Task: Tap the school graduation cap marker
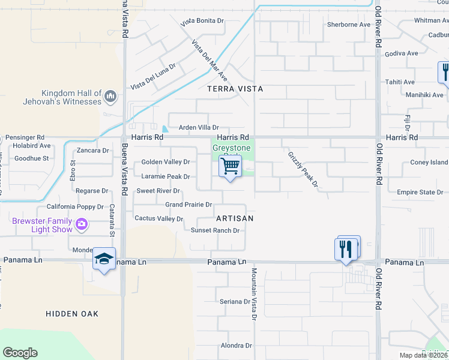(x=104, y=259)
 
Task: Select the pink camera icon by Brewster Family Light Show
(x=82, y=225)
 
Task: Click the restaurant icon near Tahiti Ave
(x=444, y=72)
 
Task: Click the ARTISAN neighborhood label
(x=235, y=218)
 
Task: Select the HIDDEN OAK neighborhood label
(x=72, y=314)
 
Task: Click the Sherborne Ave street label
(x=349, y=25)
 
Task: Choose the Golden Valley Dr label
(x=165, y=162)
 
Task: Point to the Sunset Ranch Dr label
(x=215, y=230)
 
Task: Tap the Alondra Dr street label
(x=236, y=346)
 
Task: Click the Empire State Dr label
(x=419, y=193)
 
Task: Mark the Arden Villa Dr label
(x=199, y=128)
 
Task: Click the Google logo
(x=20, y=353)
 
